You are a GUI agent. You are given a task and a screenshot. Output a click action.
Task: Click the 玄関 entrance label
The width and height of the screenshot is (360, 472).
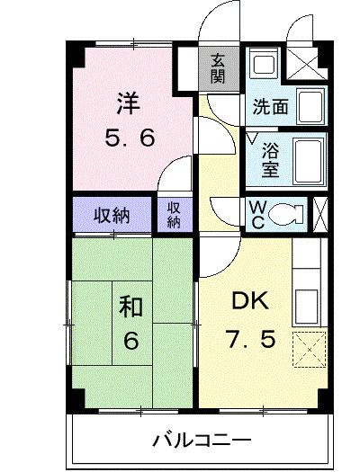(218, 67)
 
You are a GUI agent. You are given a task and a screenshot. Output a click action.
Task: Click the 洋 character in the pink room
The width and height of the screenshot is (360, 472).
(125, 104)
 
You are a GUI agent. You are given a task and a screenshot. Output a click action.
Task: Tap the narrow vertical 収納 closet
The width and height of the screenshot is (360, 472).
(174, 214)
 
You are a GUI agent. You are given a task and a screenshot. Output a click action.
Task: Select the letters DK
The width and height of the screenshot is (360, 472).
(246, 302)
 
